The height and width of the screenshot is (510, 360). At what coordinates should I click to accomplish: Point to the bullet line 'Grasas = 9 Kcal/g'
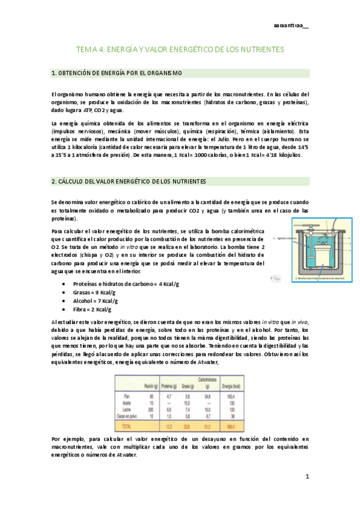(95, 292)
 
